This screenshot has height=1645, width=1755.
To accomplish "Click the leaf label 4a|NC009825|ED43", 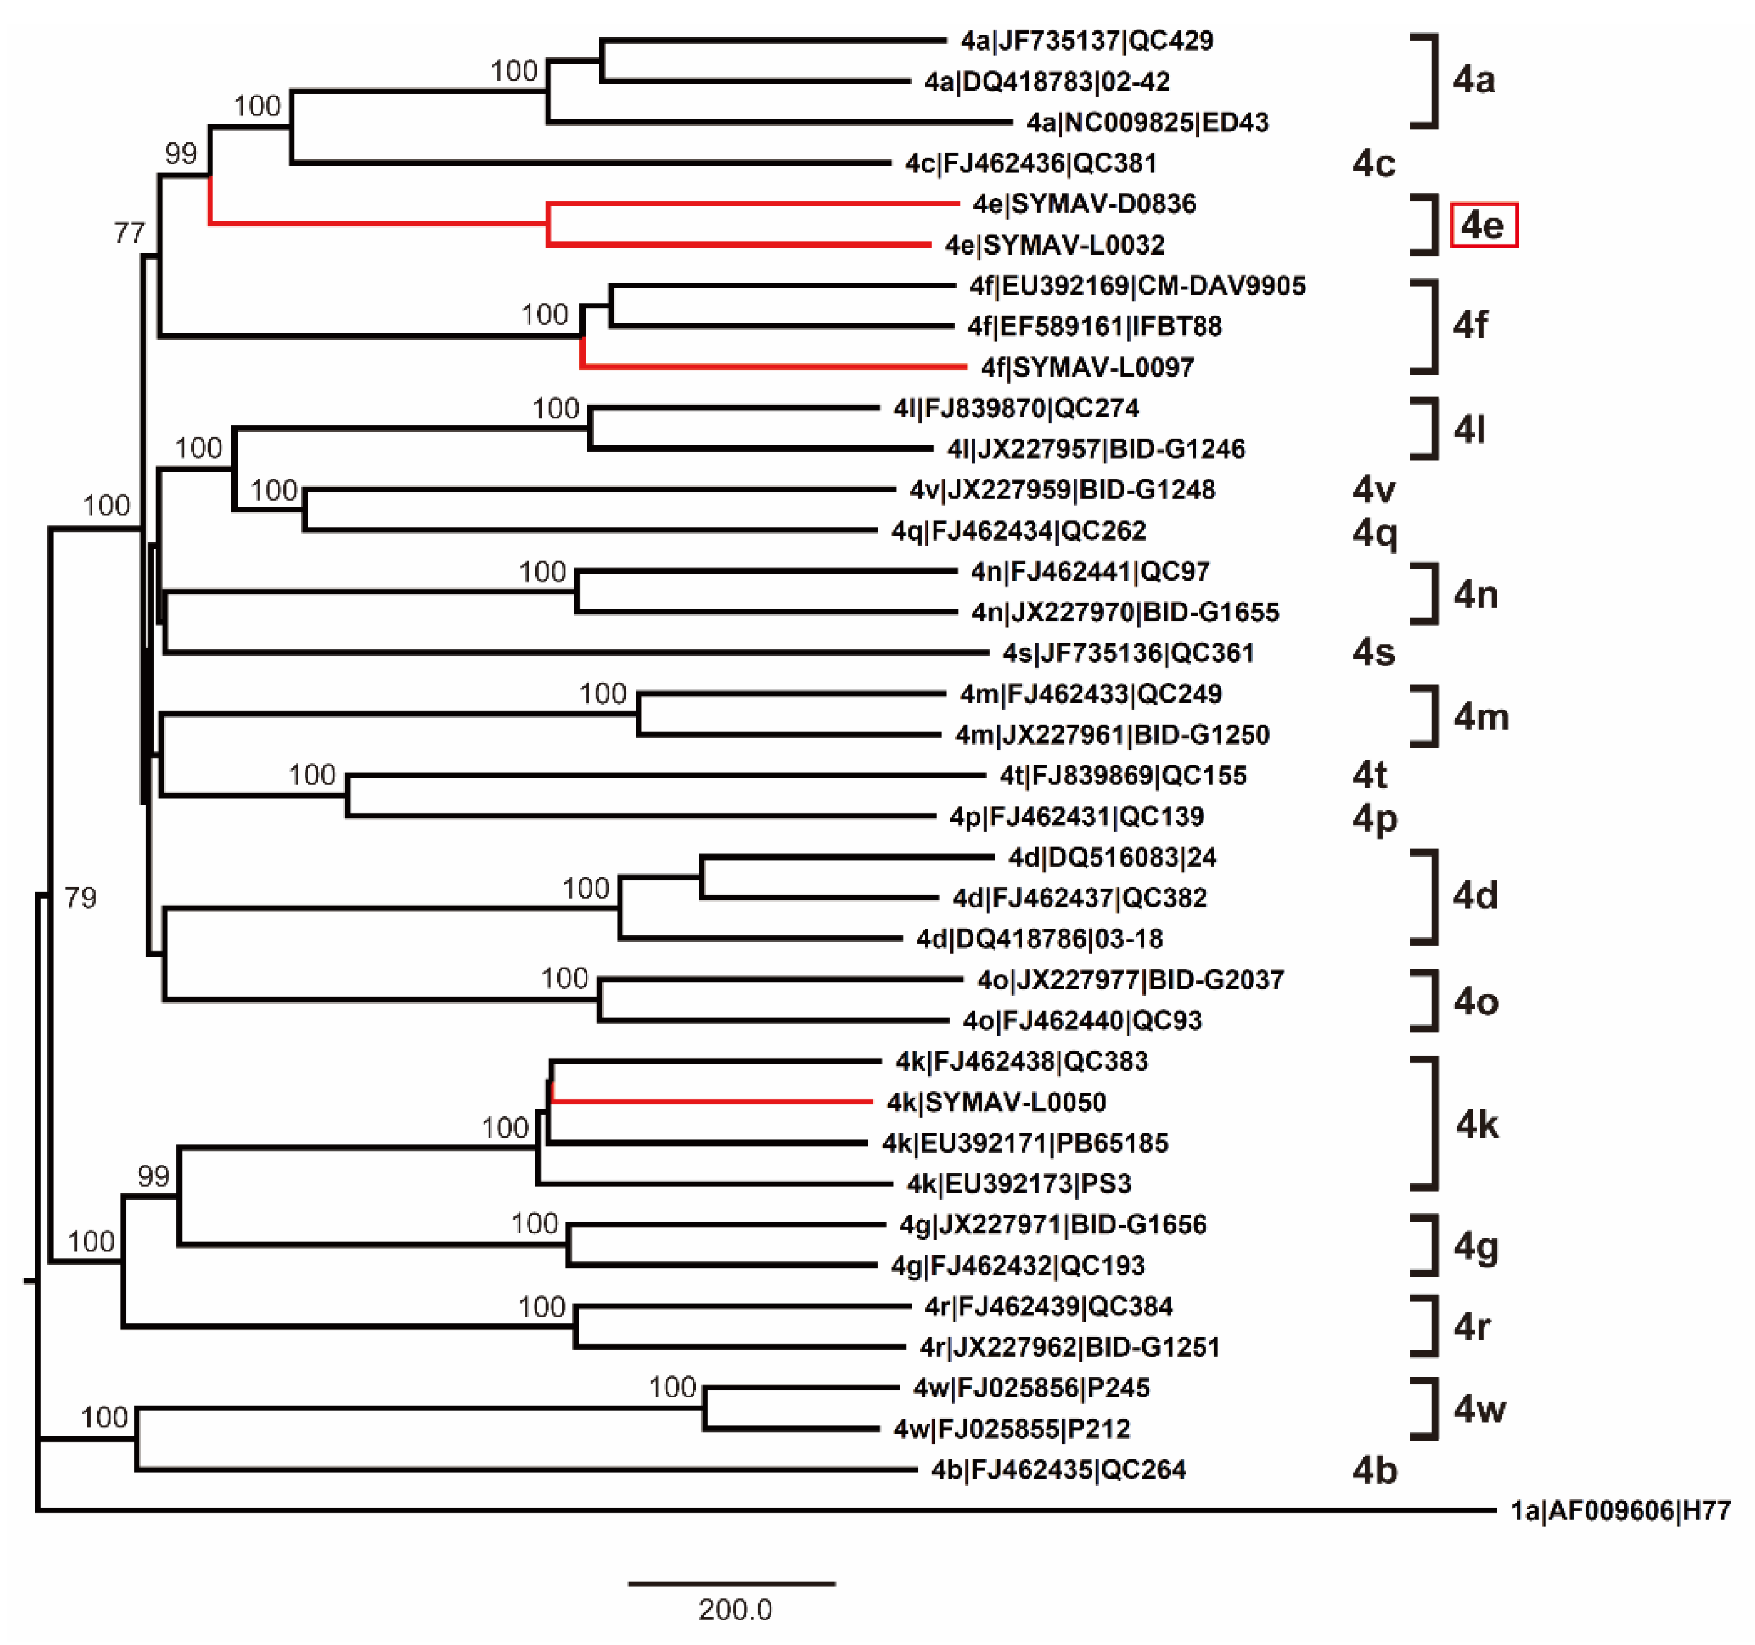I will pyautogui.click(x=1147, y=123).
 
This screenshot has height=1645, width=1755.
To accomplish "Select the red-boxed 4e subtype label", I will pyautogui.click(x=1483, y=225).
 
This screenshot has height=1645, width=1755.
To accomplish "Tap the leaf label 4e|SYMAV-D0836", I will pyautogui.click(x=1084, y=204).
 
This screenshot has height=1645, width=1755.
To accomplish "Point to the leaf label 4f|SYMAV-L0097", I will pyautogui.click(x=1088, y=367).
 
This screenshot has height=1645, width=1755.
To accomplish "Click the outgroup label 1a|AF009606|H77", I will pyautogui.click(x=1620, y=1511).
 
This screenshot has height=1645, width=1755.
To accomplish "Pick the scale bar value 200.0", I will pyautogui.click(x=734, y=1610).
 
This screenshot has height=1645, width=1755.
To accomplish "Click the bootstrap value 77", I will pyautogui.click(x=129, y=233).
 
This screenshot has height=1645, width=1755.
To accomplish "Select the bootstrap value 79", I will pyautogui.click(x=81, y=898).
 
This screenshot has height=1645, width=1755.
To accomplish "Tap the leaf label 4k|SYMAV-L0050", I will pyautogui.click(x=996, y=1102).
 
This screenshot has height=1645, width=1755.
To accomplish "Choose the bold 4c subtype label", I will pyautogui.click(x=1374, y=163).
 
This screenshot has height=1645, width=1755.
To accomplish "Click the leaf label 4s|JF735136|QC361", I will pyautogui.click(x=1127, y=653).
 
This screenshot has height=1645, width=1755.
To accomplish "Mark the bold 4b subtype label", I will pyautogui.click(x=1374, y=1470).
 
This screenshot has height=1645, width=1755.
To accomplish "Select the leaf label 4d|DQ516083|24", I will pyautogui.click(x=1111, y=857).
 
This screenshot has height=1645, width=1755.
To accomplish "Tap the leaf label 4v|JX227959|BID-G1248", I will pyautogui.click(x=1062, y=490).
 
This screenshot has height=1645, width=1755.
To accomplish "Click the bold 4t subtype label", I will pyautogui.click(x=1369, y=775).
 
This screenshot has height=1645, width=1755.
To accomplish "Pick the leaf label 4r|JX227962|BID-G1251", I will pyautogui.click(x=1069, y=1348).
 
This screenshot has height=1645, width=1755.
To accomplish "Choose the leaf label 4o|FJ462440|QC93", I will pyautogui.click(x=1082, y=1020).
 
